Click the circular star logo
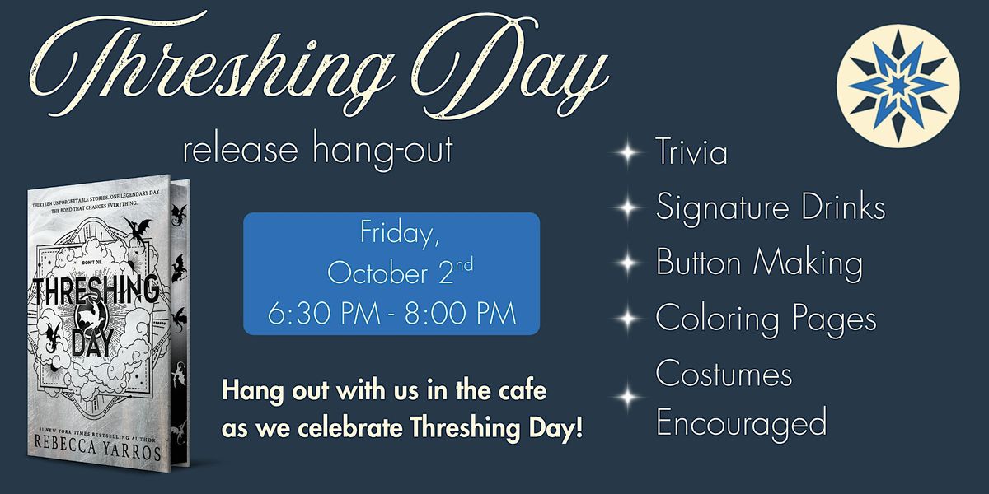[898, 86]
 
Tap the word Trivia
[691, 151]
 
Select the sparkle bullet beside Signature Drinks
[627, 207]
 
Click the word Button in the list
[698, 262]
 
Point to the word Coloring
[717, 319]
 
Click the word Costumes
[724, 374]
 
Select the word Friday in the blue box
[400, 233]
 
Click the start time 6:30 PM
[324, 313]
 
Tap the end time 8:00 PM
[461, 313]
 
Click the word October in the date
[377, 273]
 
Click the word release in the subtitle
[240, 150]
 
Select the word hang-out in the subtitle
[382, 150]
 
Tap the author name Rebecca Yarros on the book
[97, 447]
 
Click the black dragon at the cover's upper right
[138, 230]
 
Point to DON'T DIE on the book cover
[92, 263]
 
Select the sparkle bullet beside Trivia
[627, 152]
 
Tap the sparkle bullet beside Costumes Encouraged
[627, 397]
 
